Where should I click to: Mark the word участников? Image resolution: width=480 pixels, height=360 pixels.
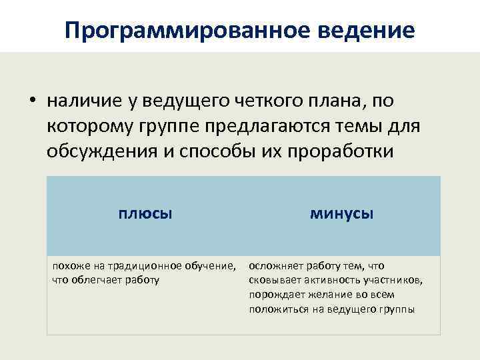pos(393,279)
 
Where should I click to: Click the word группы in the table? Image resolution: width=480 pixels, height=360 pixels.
pos(396,309)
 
